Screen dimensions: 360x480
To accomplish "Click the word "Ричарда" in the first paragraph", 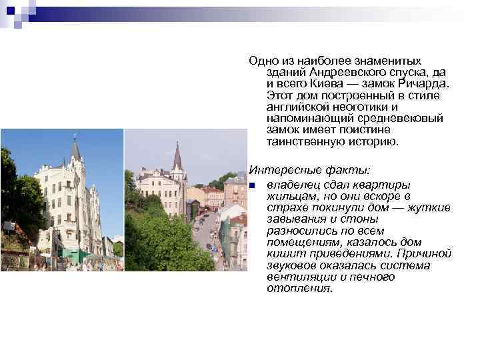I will click(424, 84).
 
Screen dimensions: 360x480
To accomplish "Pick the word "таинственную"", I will click(304, 141).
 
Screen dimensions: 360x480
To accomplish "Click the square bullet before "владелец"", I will click(251, 185).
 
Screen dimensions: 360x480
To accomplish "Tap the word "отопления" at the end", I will click(299, 288).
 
